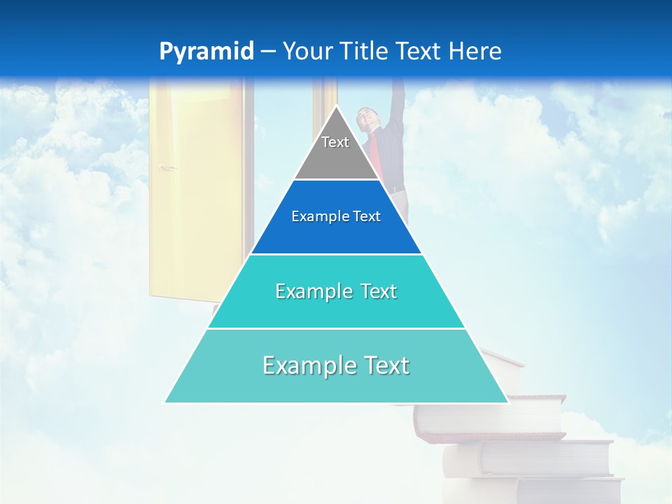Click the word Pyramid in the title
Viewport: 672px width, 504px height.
coord(206,51)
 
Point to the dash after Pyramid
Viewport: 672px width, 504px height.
coord(267,52)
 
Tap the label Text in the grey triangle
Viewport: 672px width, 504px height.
coord(335,142)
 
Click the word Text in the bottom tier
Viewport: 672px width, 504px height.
coord(384,365)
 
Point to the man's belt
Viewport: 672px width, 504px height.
coord(396,189)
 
